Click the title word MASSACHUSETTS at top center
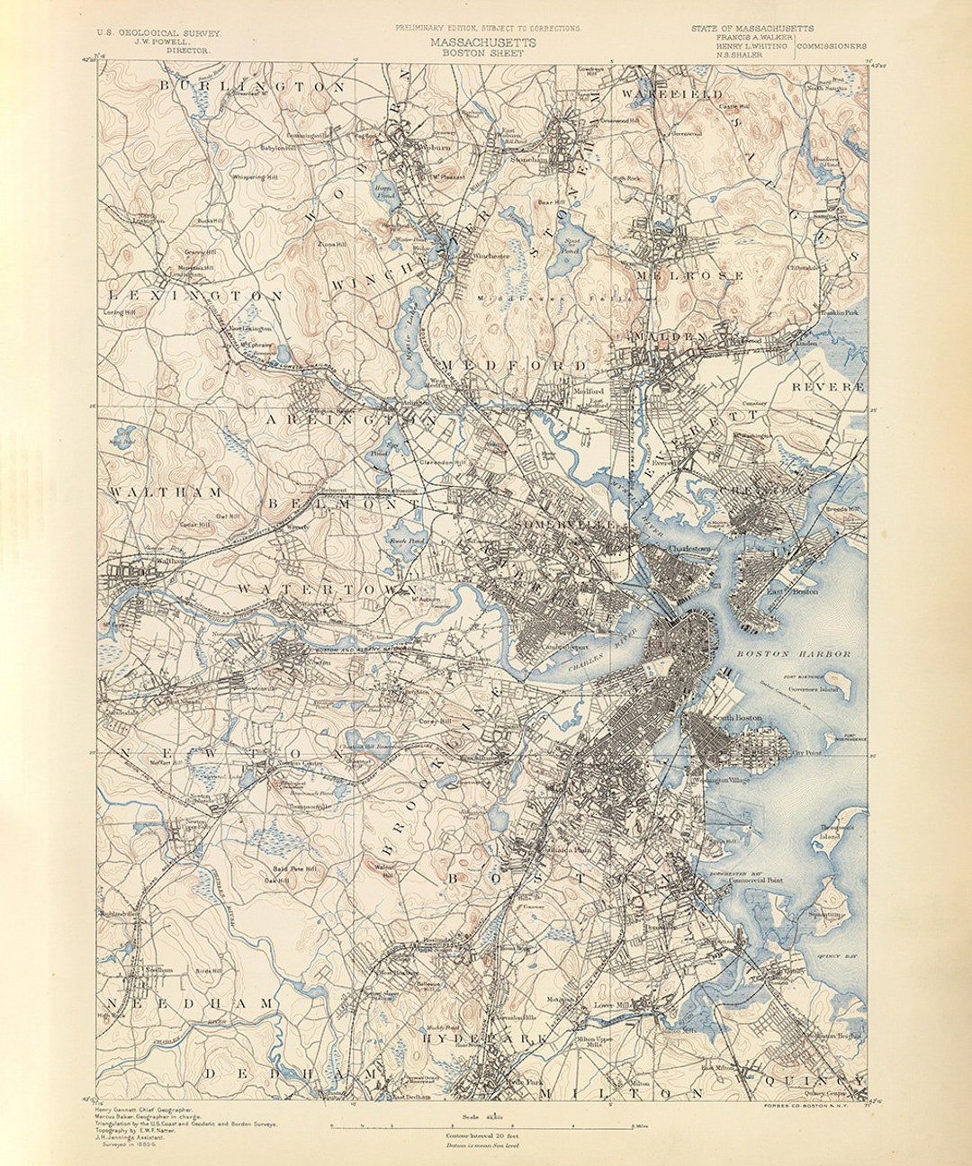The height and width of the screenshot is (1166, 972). [482, 42]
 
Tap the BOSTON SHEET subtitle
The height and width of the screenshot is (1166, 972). [482, 53]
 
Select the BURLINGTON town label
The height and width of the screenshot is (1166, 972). [253, 86]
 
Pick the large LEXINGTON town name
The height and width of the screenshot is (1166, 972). [195, 295]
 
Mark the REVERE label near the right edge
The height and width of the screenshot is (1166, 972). [827, 386]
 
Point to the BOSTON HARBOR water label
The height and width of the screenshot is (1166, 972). [792, 654]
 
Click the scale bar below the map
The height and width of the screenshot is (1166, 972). [490, 1126]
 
